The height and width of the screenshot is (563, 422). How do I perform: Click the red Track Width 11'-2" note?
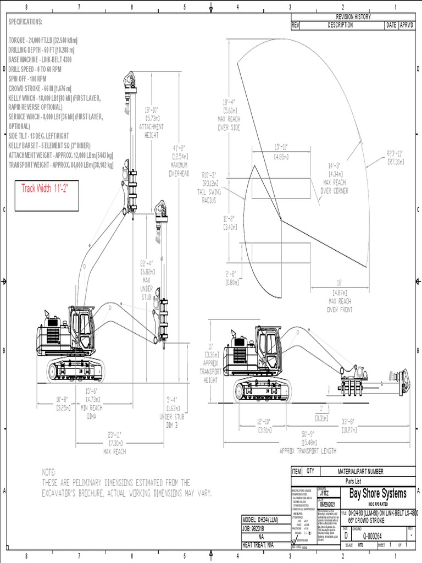pyautogui.click(x=48, y=189)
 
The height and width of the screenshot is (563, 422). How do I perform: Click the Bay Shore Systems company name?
pyautogui.click(x=378, y=494)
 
